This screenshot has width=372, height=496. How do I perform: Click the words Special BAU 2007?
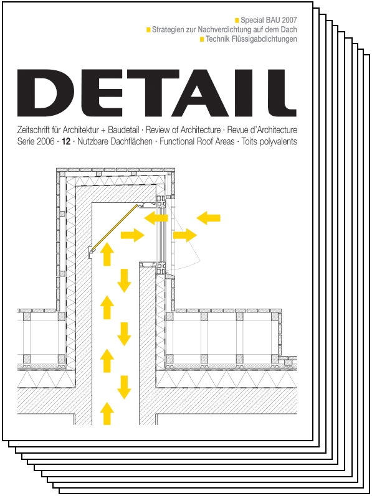(269, 21)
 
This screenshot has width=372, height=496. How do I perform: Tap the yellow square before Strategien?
(148, 30)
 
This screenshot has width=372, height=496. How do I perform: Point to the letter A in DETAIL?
(206, 93)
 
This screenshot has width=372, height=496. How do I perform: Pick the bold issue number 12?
(66, 142)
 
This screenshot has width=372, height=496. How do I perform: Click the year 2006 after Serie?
(45, 142)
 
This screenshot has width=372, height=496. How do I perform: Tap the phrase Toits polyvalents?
(269, 142)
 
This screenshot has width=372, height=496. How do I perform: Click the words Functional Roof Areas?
(197, 142)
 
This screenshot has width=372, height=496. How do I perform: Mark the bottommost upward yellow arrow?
(107, 413)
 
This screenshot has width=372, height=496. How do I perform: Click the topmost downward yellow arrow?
(124, 281)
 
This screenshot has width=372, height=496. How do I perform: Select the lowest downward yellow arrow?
(124, 387)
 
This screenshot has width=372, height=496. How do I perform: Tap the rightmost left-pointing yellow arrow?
(208, 218)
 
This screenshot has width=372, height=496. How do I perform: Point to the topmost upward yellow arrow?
(107, 254)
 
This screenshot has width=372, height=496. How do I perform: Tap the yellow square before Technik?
(202, 40)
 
